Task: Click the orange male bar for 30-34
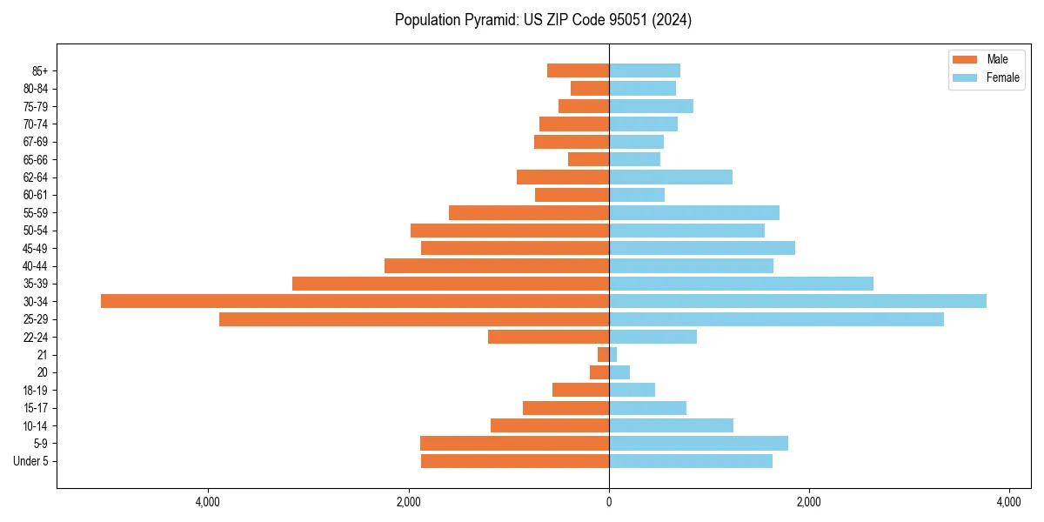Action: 355,301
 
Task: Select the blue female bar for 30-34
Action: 798,301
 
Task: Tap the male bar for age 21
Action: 603,354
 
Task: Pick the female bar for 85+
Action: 645,70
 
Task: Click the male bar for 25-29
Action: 414,319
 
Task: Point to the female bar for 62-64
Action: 671,177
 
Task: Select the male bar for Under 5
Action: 515,461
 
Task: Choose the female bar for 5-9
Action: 699,443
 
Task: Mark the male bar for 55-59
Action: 529,212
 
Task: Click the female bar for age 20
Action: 619,372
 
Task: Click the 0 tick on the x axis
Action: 609,503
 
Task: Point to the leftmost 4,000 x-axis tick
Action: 208,503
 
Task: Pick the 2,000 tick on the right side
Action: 809,503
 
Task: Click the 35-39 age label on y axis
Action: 36,284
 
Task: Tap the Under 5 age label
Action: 30,461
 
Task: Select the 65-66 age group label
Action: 36,159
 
